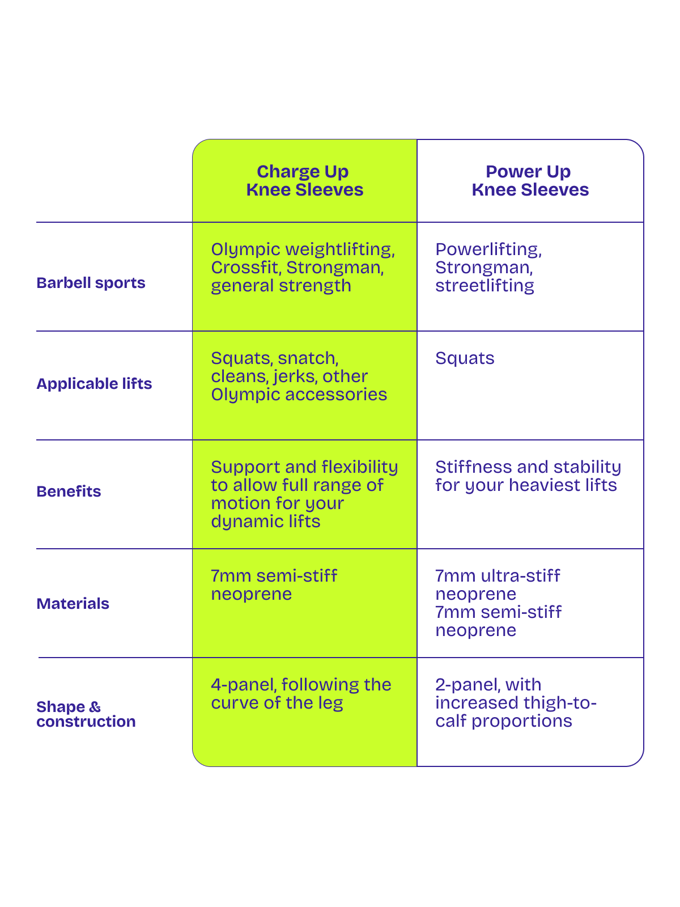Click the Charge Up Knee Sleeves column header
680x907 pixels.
304,180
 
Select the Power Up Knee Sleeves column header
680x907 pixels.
529,180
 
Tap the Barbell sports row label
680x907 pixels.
91,283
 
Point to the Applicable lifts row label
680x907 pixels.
94,384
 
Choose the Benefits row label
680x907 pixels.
69,491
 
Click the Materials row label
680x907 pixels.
73,604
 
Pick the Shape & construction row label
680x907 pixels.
86,714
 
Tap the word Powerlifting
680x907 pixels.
488,249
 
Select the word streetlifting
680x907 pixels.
484,286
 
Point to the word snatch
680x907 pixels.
308,358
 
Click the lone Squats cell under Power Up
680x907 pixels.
465,358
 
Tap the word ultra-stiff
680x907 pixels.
520,576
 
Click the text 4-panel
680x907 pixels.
243,685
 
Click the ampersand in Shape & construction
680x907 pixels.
95,707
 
